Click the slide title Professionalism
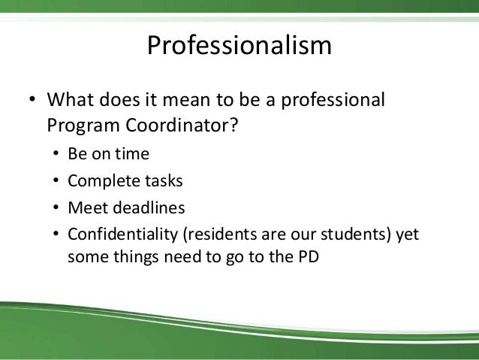[x=239, y=46]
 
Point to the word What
[x=69, y=100]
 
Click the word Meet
[x=85, y=207]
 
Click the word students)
[x=354, y=234]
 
